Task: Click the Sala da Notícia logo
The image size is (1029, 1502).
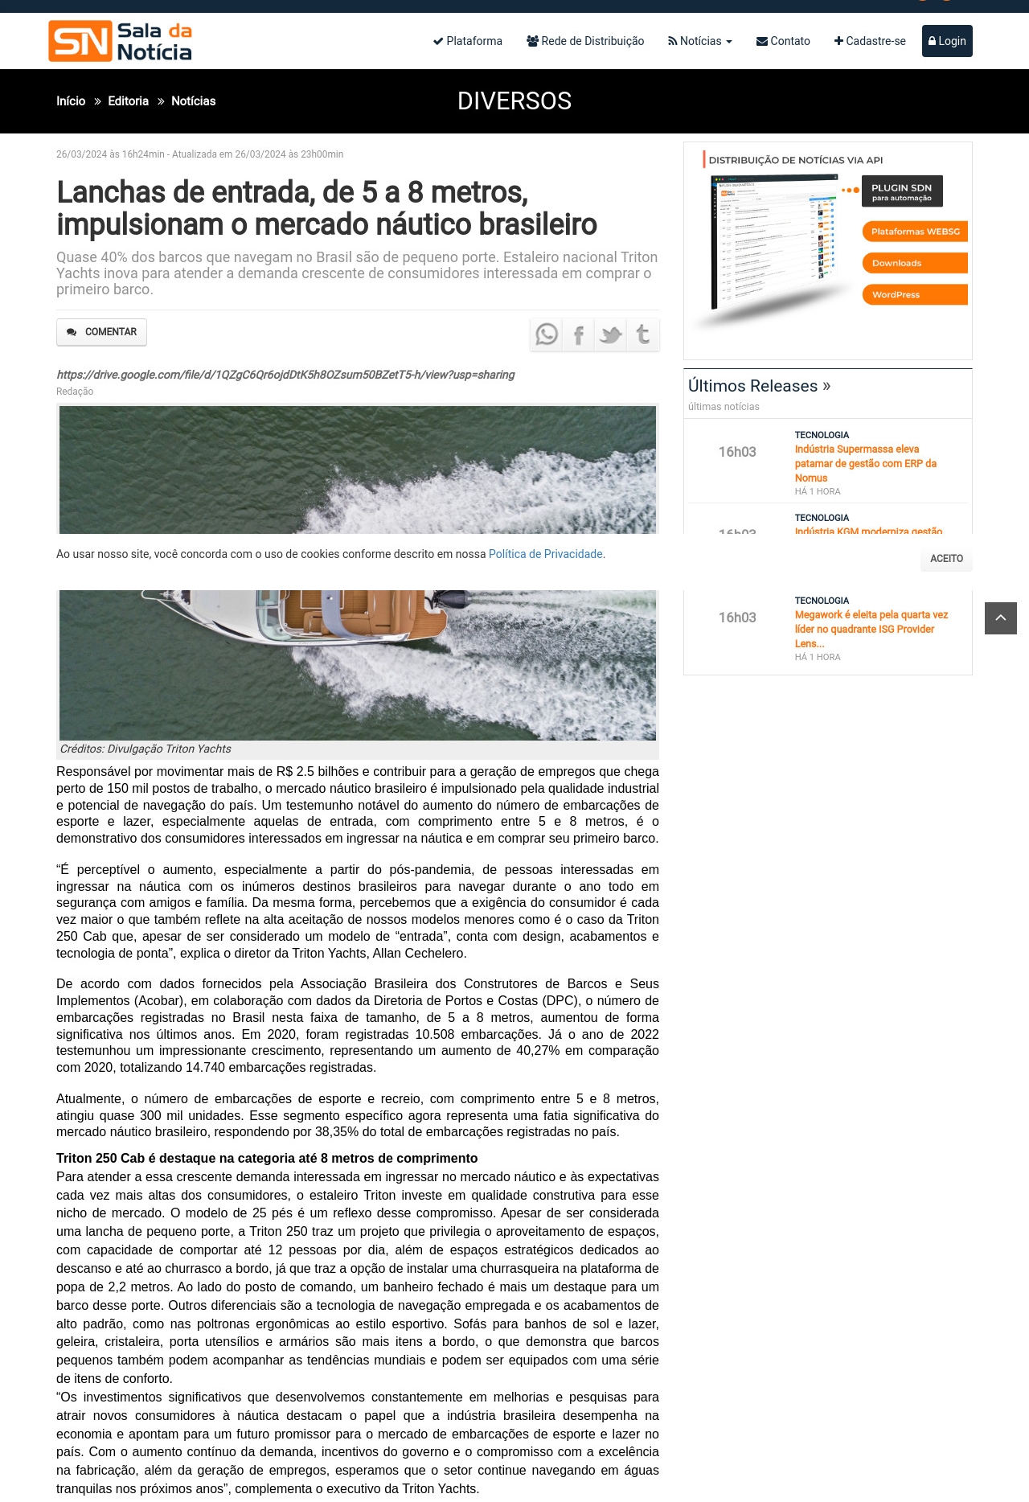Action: pos(121,41)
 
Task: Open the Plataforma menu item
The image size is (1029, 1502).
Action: pos(468,41)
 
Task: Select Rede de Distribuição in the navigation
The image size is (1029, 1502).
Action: pos(585,41)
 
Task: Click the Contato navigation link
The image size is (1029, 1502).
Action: pos(783,41)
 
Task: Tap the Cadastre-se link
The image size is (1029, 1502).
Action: pos(870,41)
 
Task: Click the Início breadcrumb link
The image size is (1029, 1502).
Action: pos(71,101)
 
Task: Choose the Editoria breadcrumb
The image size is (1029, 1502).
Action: pos(129,101)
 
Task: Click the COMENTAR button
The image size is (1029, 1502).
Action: pos(102,332)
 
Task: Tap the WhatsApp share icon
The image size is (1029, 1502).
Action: pos(547,334)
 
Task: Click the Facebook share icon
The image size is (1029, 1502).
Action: pos(579,334)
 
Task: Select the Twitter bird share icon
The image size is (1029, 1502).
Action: pos(611,334)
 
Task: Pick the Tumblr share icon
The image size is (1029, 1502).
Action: pos(643,334)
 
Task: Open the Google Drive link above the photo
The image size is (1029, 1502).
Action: pos(285,375)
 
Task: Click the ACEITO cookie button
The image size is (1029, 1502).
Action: pos(946,559)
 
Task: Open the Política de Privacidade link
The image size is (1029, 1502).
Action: pos(546,554)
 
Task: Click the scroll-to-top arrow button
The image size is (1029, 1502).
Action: pos(1001,618)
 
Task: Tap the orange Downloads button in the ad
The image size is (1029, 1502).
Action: pos(914,263)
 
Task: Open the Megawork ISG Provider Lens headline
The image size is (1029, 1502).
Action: pos(871,629)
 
